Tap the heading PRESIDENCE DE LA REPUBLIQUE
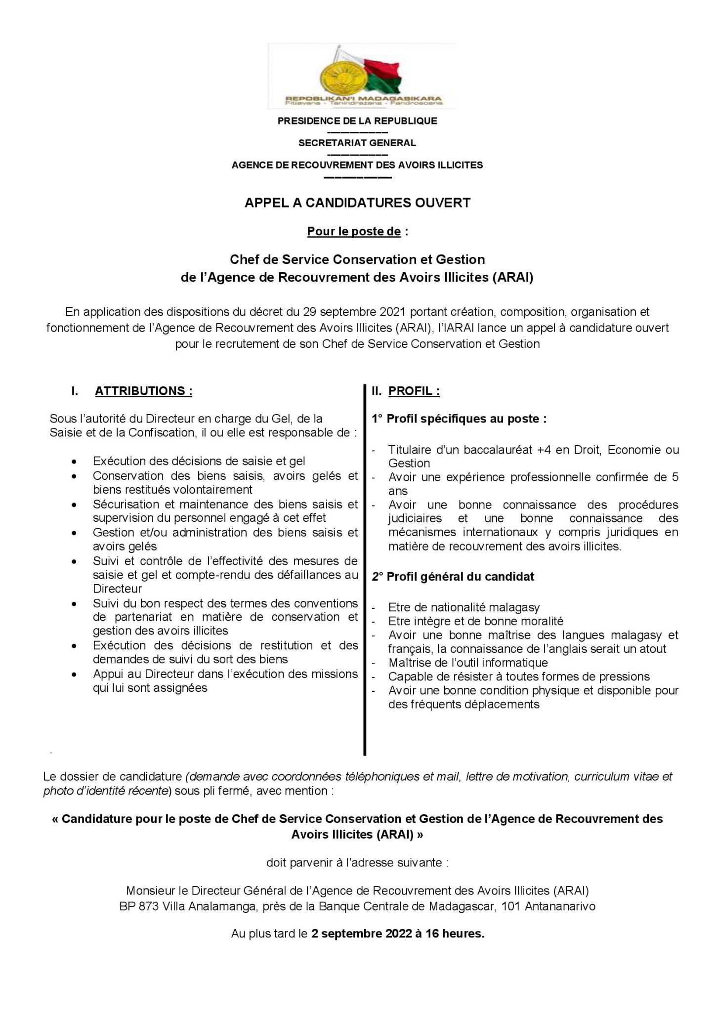(x=357, y=121)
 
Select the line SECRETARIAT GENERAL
(x=357, y=143)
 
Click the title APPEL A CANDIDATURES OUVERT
(x=357, y=203)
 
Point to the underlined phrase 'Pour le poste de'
(x=354, y=231)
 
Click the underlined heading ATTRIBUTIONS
(x=143, y=391)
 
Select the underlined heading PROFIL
(x=414, y=391)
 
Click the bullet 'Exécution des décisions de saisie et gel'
(x=199, y=461)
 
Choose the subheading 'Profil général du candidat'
(x=460, y=577)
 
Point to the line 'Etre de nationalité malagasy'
(x=464, y=607)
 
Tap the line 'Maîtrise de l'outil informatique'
(x=468, y=663)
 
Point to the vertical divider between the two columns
(x=365, y=568)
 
